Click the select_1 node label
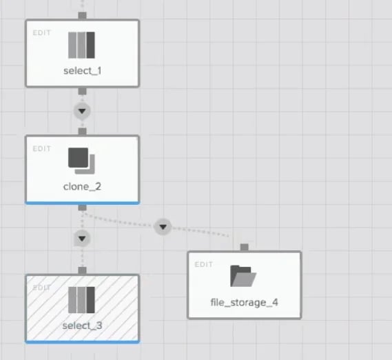click(x=82, y=71)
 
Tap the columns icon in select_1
click(x=81, y=45)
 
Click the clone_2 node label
click(x=82, y=186)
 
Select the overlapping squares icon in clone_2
click(x=81, y=161)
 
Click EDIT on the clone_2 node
click(x=42, y=149)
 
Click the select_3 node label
click(x=82, y=326)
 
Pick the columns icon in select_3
click(x=81, y=300)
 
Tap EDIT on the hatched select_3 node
click(x=42, y=288)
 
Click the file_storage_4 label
click(x=245, y=303)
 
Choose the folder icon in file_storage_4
click(x=243, y=276)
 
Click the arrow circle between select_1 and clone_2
click(x=82, y=111)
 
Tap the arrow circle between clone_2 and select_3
click(x=82, y=239)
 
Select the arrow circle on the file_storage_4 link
click(x=163, y=227)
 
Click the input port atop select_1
click(x=82, y=16)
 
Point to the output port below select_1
click(x=82, y=91)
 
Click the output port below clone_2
click(x=82, y=208)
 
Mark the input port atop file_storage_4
click(x=245, y=248)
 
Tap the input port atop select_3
click(x=82, y=270)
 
